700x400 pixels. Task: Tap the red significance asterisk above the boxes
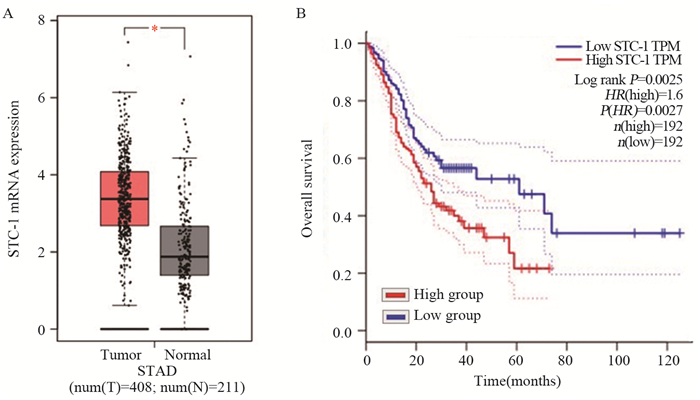[x=155, y=29]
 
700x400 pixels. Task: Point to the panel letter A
[x=9, y=11]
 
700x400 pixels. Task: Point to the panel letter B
[x=300, y=11]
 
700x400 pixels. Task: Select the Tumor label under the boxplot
[x=125, y=355]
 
